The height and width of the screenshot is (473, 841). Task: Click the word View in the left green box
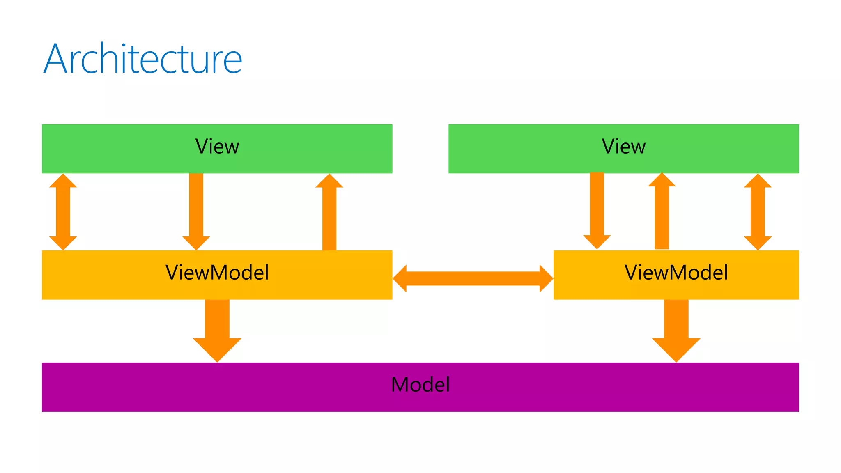pyautogui.click(x=217, y=147)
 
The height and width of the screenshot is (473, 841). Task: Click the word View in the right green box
pyautogui.click(x=623, y=147)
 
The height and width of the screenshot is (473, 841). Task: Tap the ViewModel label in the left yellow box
pyautogui.click(x=217, y=273)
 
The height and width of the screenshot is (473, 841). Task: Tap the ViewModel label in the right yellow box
pyautogui.click(x=676, y=273)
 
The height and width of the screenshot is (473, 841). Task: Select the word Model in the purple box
pyautogui.click(x=420, y=385)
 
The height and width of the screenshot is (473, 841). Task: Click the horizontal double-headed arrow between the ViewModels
pyautogui.click(x=473, y=278)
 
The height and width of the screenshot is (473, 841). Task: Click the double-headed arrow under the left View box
pyautogui.click(x=63, y=212)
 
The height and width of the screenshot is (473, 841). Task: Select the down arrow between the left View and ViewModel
pyautogui.click(x=196, y=209)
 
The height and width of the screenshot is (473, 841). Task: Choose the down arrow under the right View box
pyautogui.click(x=597, y=207)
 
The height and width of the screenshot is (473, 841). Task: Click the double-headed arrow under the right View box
pyautogui.click(x=758, y=212)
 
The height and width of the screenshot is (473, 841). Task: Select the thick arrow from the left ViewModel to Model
pyautogui.click(x=217, y=328)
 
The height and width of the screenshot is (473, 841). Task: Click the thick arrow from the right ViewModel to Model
pyautogui.click(x=676, y=328)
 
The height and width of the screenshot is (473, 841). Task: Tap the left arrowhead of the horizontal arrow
pyautogui.click(x=400, y=278)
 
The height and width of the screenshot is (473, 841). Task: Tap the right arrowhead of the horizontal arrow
pyautogui.click(x=546, y=278)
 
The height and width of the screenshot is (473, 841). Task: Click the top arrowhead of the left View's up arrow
pyautogui.click(x=329, y=181)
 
